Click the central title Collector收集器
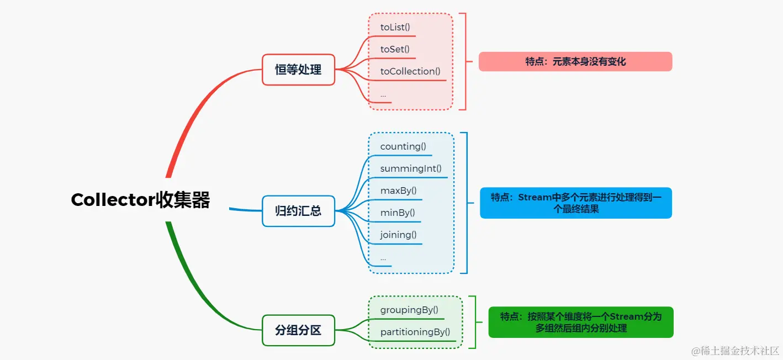pos(140,200)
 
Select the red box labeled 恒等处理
pos(298,70)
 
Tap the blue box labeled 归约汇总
pos(298,211)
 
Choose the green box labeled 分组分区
pos(298,330)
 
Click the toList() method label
pos(395,27)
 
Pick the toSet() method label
pos(395,49)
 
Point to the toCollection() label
pos(410,71)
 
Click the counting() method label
pos(403,146)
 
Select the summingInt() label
pos(411,168)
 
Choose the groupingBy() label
pos(409,310)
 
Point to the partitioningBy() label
pos(415,332)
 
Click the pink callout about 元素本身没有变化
pos(575,61)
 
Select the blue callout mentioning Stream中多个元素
pos(575,203)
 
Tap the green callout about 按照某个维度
pos(581,322)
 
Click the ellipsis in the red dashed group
pos(383,95)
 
